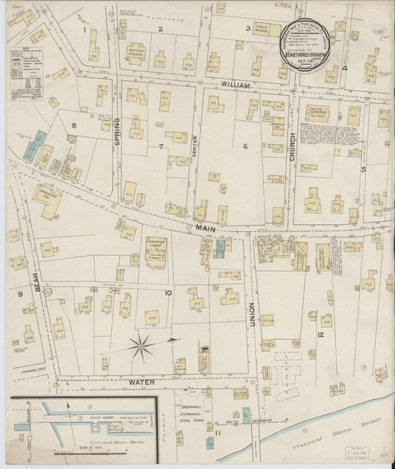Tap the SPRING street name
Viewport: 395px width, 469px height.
pos(116,131)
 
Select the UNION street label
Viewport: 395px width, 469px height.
pos(252,315)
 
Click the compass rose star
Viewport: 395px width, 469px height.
pos(142,344)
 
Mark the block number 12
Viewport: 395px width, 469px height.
pos(320,335)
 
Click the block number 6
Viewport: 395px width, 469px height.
pos(245,145)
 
